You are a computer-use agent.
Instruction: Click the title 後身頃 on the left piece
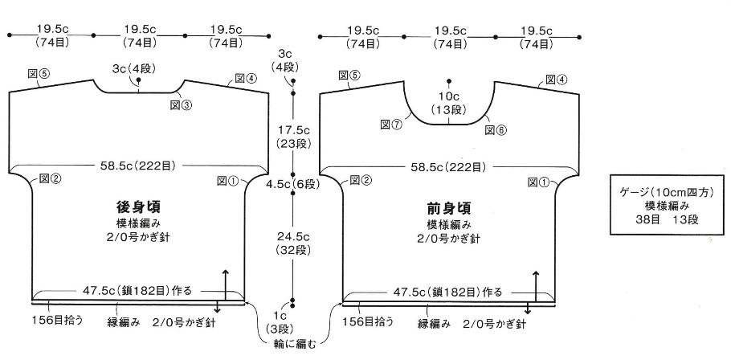pos(138,207)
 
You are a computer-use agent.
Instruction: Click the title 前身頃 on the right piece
pos(449,207)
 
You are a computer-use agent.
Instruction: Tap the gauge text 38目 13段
pos(667,219)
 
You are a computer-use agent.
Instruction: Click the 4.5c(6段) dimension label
pos(292,184)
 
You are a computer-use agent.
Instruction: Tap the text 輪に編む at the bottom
pos(294,345)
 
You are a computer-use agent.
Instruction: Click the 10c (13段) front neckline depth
pos(448,104)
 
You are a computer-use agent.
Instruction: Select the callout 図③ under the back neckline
pos(182,105)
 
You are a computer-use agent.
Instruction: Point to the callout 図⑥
pos(496,130)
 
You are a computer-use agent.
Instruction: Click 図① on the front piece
pos(539,182)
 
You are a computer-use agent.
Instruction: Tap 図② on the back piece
pos(51,178)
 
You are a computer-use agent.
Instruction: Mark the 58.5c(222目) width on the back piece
pos(137,166)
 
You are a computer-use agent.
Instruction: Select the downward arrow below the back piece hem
pos(217,309)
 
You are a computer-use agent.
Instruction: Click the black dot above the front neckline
pos(448,80)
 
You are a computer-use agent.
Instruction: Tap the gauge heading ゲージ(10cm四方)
pos(667,192)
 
